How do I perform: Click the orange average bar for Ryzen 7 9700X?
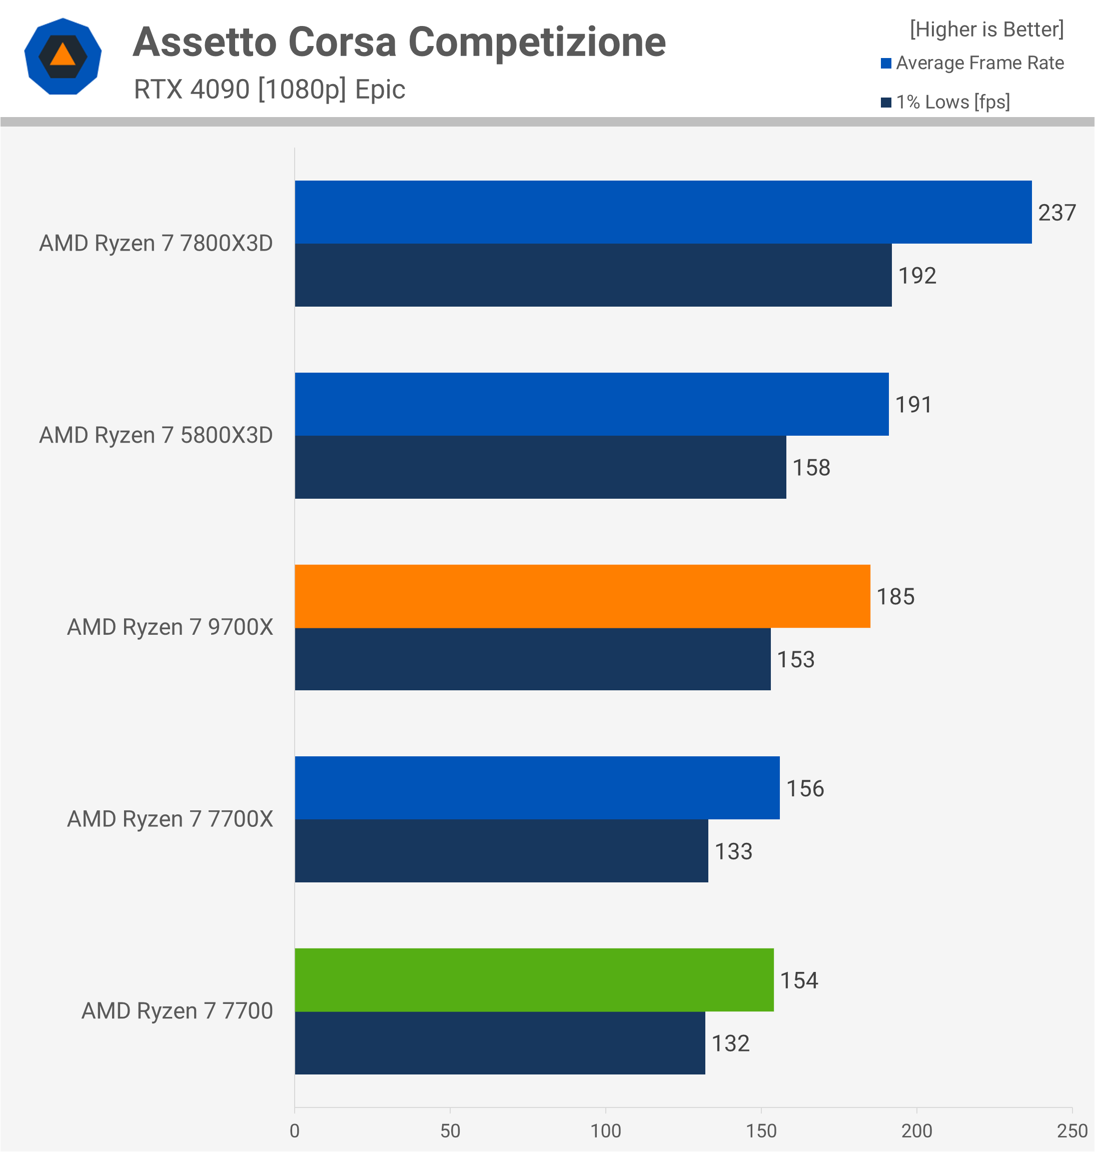pyautogui.click(x=582, y=596)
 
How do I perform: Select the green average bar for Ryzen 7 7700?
pyautogui.click(x=534, y=980)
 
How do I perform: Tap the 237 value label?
pyautogui.click(x=1056, y=213)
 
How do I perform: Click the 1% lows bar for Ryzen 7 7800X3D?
pyautogui.click(x=593, y=275)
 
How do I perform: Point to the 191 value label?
pyautogui.click(x=913, y=404)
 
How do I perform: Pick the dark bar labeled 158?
pyautogui.click(x=540, y=467)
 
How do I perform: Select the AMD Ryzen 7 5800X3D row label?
pyautogui.click(x=156, y=435)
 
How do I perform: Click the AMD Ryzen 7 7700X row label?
pyautogui.click(x=170, y=819)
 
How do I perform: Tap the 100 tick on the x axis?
pyautogui.click(x=605, y=1131)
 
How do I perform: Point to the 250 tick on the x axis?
pyautogui.click(x=1071, y=1131)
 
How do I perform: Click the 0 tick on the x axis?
pyautogui.click(x=295, y=1131)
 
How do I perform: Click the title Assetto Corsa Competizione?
pyautogui.click(x=399, y=42)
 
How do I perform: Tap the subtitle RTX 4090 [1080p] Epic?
pyautogui.click(x=269, y=89)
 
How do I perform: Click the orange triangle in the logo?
pyautogui.click(x=63, y=56)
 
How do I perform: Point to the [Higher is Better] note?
pyautogui.click(x=986, y=29)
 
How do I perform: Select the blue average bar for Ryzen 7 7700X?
pyautogui.click(x=537, y=788)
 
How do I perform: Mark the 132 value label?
pyautogui.click(x=730, y=1043)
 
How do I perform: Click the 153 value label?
pyautogui.click(x=795, y=659)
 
